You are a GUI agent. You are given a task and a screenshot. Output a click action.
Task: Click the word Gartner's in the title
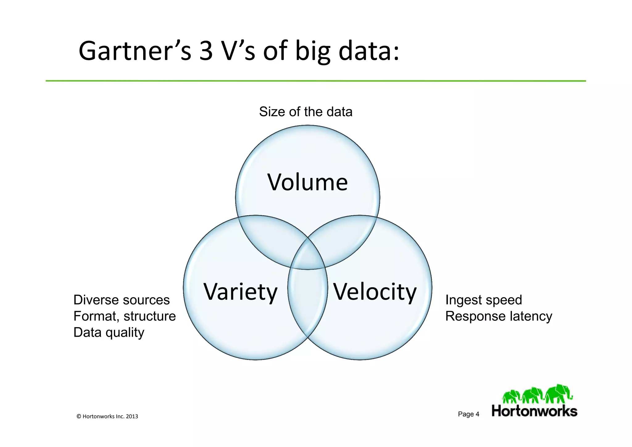(135, 51)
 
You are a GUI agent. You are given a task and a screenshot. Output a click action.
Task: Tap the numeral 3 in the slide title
(206, 51)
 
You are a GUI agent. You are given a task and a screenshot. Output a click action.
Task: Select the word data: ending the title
(369, 51)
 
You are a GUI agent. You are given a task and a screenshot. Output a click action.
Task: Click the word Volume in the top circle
(307, 182)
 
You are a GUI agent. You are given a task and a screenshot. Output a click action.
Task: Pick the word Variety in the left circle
(240, 292)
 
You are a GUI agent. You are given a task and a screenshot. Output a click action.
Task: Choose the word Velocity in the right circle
(375, 292)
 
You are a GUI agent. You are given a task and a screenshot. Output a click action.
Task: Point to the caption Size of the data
(306, 112)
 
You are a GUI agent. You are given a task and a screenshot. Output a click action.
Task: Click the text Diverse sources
(121, 300)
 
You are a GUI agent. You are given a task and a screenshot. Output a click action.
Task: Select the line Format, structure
(124, 316)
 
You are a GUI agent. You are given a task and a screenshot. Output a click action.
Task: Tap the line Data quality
(109, 332)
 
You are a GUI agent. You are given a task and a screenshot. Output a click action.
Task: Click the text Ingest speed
(484, 300)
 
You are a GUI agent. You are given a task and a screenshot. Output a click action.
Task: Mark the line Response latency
(498, 316)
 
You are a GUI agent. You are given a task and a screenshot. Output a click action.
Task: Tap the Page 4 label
(468, 414)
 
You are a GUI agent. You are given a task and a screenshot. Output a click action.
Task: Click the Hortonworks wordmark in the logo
(534, 411)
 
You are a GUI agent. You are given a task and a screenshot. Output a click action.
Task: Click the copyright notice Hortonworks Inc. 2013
(107, 416)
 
